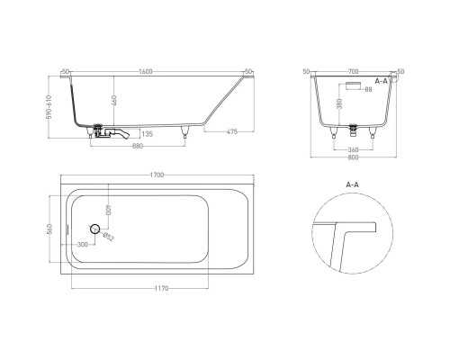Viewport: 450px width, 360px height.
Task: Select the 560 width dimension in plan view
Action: (x=51, y=229)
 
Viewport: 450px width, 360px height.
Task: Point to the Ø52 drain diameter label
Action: (x=109, y=236)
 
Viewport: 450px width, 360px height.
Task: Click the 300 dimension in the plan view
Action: (x=83, y=244)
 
